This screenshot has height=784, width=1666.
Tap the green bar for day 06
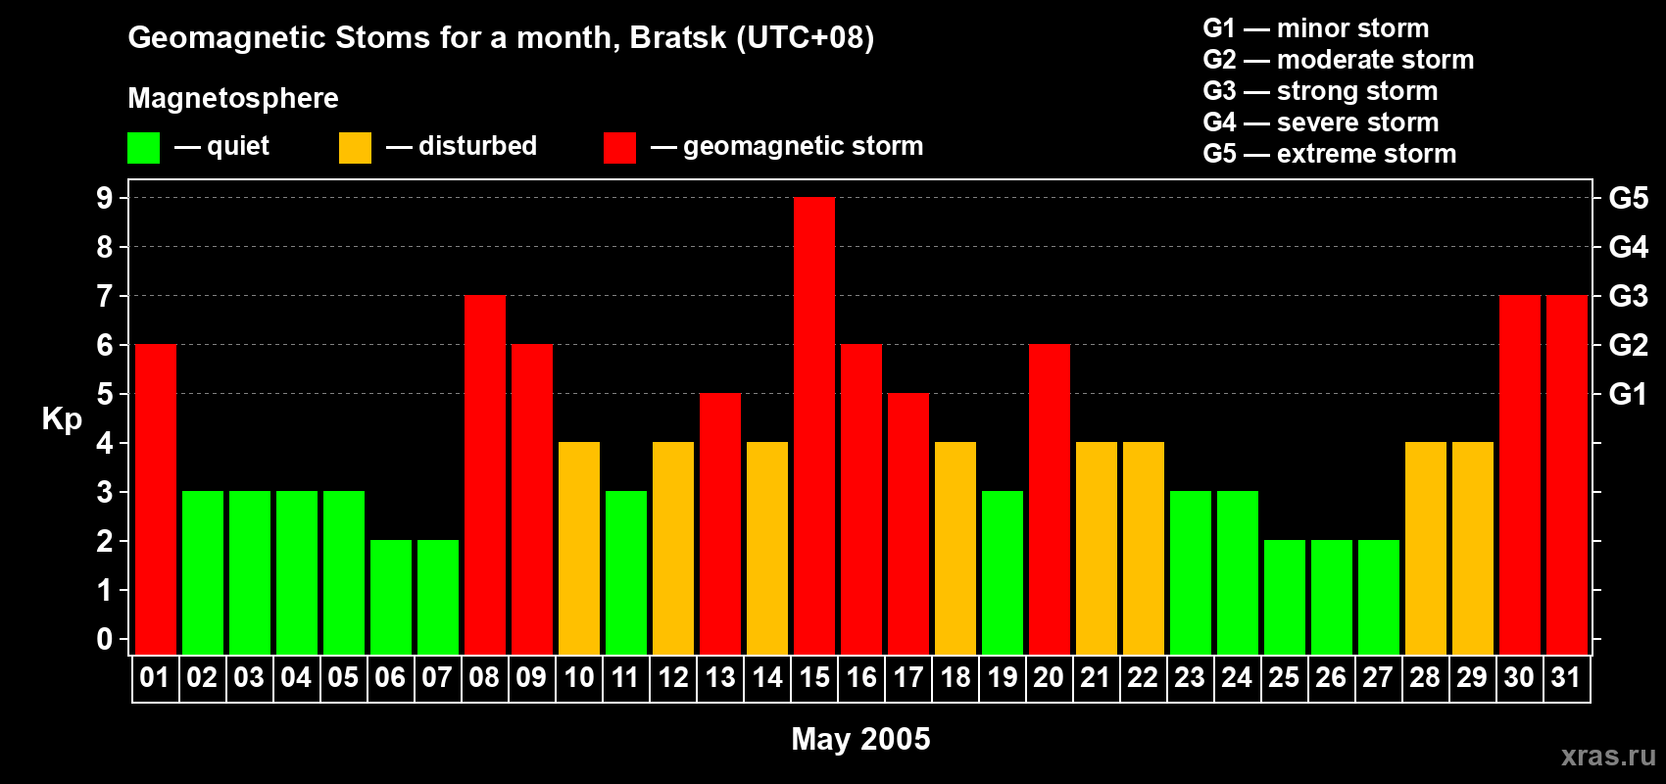tap(391, 597)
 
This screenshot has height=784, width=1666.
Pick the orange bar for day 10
tap(579, 548)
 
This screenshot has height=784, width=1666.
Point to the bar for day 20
tap(1050, 499)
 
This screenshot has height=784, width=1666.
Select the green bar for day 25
tap(1285, 597)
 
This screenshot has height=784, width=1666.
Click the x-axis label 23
tap(1190, 678)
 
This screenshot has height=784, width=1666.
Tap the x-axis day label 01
tap(155, 678)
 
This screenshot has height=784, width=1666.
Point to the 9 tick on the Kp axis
tap(105, 198)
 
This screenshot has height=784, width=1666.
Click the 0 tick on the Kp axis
tap(105, 640)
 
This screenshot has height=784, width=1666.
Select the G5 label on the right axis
tap(1628, 198)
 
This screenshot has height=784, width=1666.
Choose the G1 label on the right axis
tap(1628, 394)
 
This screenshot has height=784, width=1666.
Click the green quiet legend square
tap(143, 148)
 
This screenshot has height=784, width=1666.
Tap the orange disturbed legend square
tap(355, 148)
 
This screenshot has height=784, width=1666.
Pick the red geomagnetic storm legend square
tap(619, 148)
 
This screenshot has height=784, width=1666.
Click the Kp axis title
tap(62, 418)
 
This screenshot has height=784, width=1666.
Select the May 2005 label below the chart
tap(860, 739)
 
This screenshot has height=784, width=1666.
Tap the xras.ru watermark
tap(1608, 755)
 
